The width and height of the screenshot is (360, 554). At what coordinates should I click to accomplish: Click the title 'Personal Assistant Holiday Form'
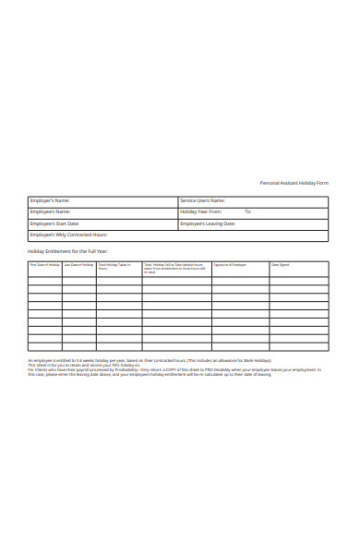(x=294, y=183)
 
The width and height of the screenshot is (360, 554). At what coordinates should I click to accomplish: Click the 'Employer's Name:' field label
(x=50, y=200)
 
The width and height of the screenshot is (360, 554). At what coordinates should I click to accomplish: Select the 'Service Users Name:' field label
(x=203, y=200)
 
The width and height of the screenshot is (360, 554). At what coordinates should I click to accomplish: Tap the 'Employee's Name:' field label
(x=50, y=211)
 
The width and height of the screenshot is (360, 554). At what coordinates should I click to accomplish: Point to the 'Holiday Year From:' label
(x=201, y=211)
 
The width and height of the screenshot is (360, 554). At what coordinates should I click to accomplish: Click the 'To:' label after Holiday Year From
(x=247, y=211)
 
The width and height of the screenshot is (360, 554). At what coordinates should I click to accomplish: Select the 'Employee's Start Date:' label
(x=54, y=223)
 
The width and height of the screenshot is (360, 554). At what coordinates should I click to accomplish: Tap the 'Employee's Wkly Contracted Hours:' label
(x=68, y=235)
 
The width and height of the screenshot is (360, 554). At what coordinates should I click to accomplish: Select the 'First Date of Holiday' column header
(x=44, y=265)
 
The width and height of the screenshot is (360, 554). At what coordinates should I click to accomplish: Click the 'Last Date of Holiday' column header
(x=78, y=265)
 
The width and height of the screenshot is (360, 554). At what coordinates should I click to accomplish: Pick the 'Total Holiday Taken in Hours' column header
(x=114, y=266)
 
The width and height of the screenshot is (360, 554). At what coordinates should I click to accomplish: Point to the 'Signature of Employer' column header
(x=230, y=265)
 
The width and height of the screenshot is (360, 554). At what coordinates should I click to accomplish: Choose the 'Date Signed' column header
(x=280, y=265)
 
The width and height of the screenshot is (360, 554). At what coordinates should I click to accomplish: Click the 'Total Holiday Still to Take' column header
(x=175, y=266)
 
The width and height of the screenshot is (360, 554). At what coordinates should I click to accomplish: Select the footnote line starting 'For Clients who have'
(x=174, y=369)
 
